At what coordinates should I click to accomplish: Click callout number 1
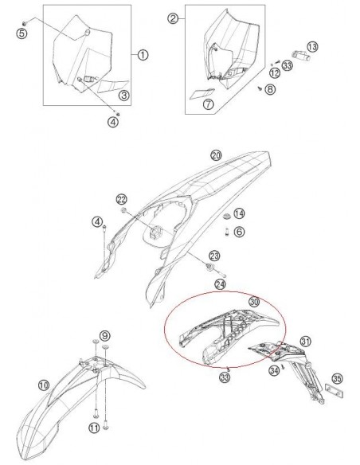tap(143, 55)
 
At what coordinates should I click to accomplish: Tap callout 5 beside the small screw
tap(22, 33)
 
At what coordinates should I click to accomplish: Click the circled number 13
tap(312, 48)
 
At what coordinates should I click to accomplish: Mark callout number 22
tap(121, 198)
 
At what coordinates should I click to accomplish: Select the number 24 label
tap(221, 283)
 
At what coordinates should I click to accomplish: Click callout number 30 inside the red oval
tap(254, 303)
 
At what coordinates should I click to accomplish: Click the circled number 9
tap(104, 336)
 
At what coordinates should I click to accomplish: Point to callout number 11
tap(94, 428)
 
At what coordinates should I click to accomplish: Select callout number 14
tap(239, 213)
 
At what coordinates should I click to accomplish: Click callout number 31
tap(303, 342)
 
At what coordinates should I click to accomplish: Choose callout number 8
tap(270, 90)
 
